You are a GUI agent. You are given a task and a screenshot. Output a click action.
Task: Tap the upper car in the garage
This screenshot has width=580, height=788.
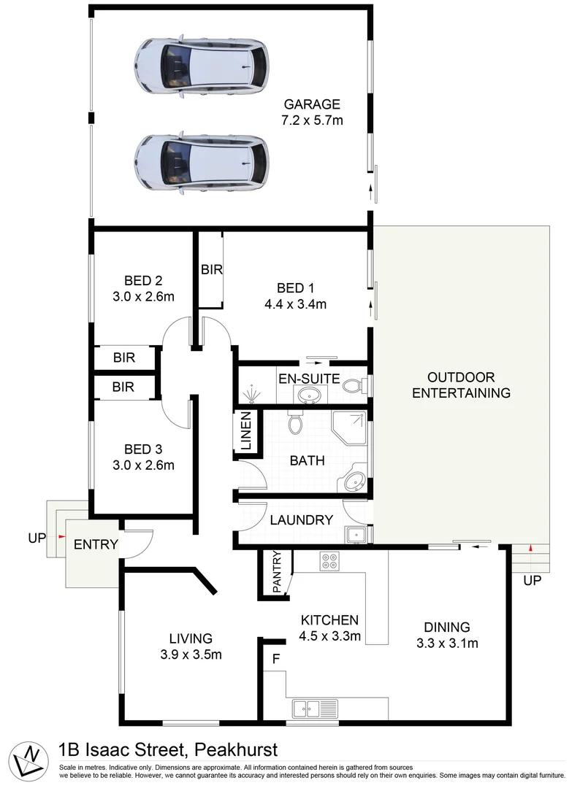(200, 66)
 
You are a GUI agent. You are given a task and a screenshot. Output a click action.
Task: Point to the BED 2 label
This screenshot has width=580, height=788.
(142, 280)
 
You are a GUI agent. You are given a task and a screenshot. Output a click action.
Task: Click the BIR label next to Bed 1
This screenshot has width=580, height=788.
(211, 269)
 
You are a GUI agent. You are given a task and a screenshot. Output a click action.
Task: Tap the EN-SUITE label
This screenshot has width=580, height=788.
(308, 378)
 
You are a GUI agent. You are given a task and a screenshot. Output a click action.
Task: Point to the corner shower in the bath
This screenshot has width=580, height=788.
(348, 430)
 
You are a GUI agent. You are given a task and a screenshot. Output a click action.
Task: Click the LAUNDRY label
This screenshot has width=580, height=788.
(302, 520)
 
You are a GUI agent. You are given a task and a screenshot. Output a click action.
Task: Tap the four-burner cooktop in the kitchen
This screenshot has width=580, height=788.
(329, 562)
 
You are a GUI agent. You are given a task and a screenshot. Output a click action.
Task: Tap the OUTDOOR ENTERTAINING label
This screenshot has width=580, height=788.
(461, 385)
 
